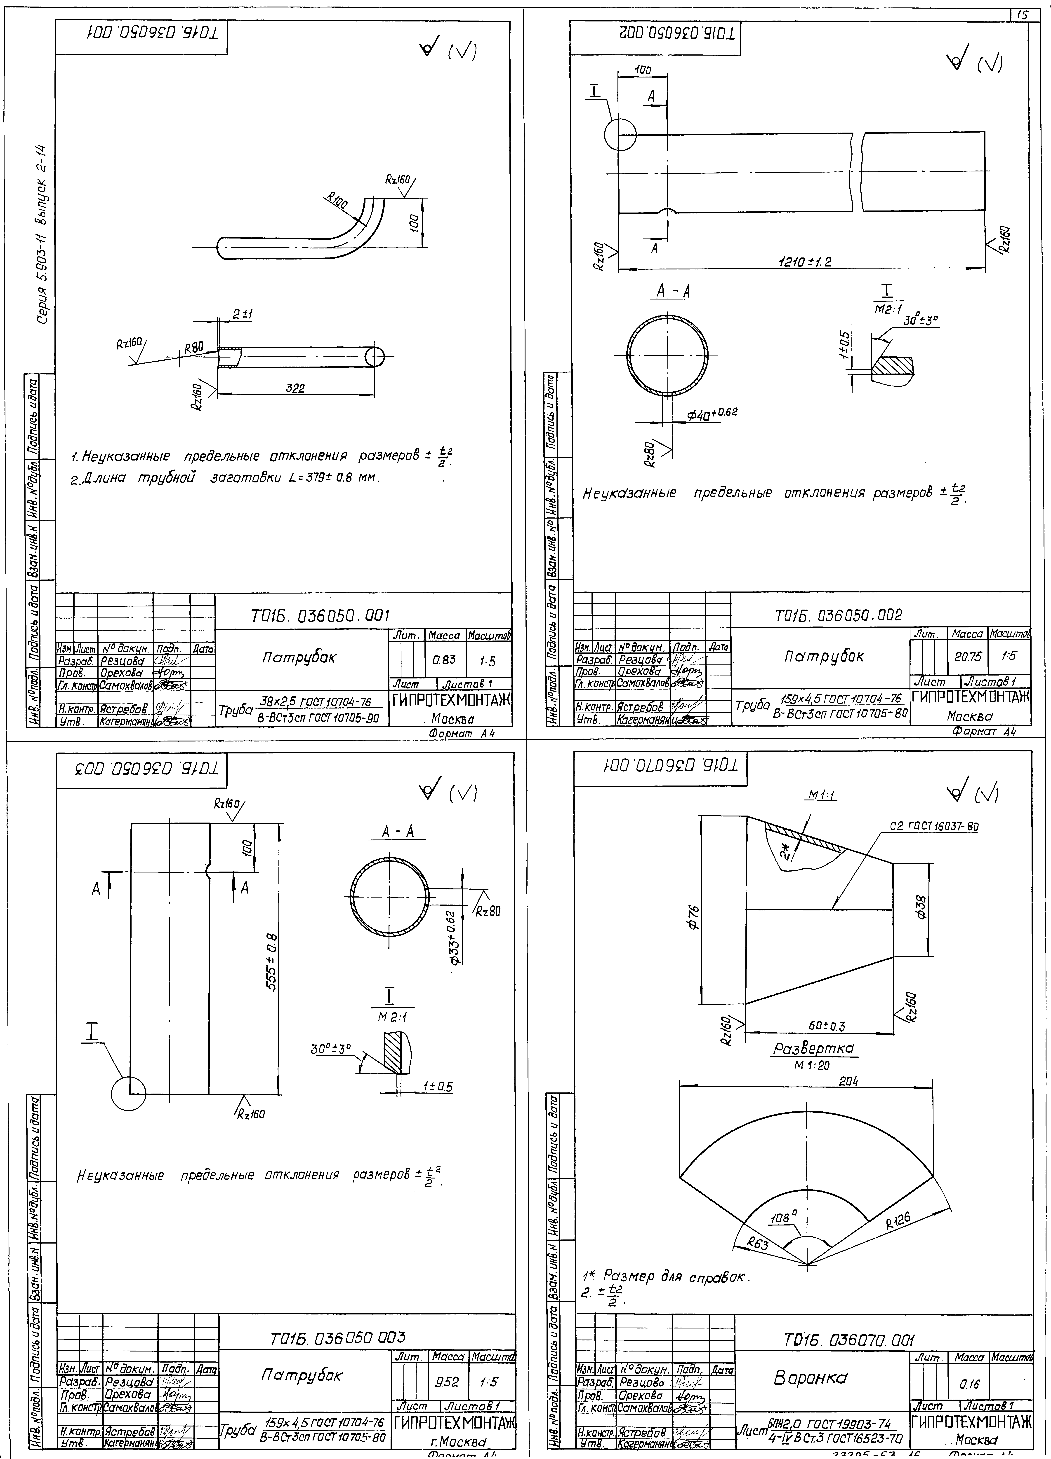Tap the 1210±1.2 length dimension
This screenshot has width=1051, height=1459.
(804, 262)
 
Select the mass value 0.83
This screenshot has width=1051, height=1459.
(441, 659)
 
